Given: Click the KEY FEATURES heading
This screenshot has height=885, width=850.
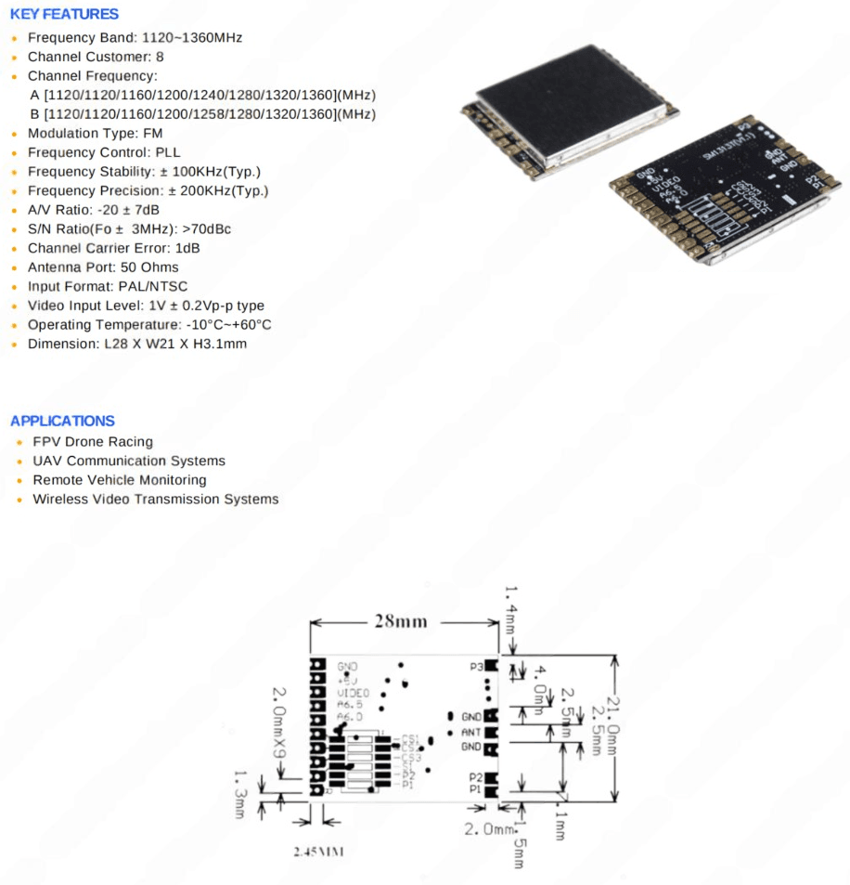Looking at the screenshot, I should tap(64, 14).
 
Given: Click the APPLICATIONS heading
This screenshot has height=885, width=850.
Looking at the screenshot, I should tap(62, 421).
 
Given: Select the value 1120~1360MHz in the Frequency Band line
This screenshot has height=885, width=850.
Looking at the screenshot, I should tap(192, 38).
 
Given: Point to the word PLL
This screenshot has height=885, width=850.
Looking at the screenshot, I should tap(168, 152).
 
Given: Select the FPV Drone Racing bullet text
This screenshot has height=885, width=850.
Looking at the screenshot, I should tap(93, 442).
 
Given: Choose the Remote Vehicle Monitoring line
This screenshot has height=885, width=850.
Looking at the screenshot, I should tap(120, 480).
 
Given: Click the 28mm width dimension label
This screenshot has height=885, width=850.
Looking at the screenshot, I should tap(401, 621).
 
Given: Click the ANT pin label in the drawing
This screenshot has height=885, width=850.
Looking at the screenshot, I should tap(470, 732).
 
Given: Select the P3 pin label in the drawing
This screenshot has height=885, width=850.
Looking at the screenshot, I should tap(476, 666).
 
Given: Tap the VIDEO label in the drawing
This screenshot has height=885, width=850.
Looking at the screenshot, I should tap(353, 693).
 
